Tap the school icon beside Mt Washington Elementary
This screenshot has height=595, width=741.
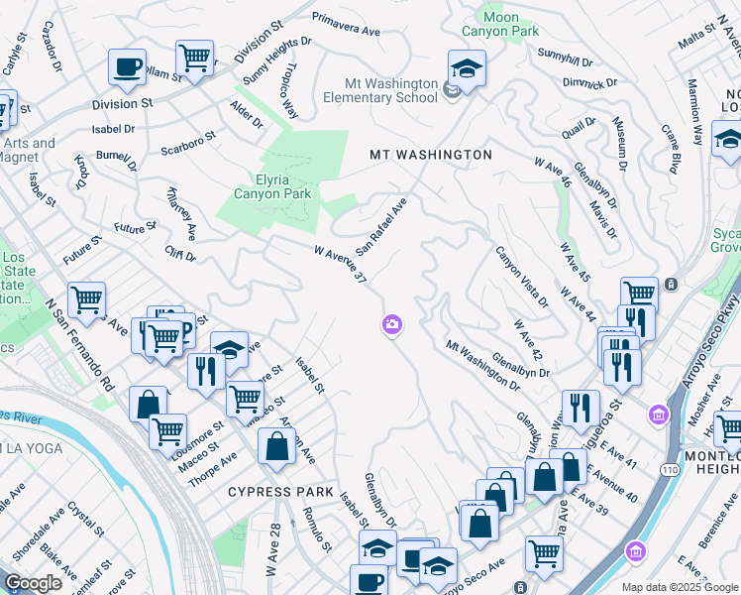click(467, 68)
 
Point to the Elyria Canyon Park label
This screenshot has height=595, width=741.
click(272, 186)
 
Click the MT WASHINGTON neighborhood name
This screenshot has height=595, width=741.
click(430, 156)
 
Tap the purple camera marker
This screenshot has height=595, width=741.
click(392, 324)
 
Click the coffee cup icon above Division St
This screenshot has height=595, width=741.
click(128, 66)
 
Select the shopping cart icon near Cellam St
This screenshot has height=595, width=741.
click(194, 57)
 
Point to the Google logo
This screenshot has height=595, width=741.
click(33, 583)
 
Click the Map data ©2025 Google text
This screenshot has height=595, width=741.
click(680, 587)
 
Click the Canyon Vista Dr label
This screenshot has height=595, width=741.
click(521, 276)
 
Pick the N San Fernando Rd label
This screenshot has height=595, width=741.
click(80, 344)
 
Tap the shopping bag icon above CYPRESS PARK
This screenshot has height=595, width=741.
click(276, 448)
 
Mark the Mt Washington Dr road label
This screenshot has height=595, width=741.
click(482, 365)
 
